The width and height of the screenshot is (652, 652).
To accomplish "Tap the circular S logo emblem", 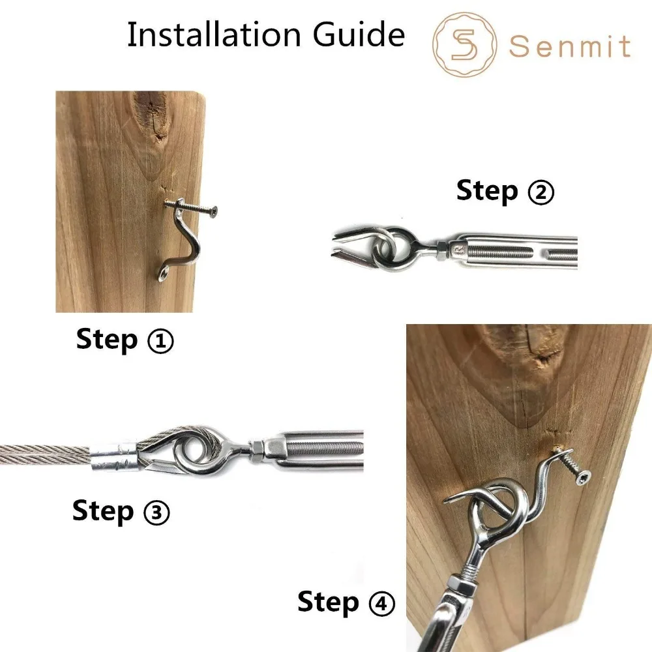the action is pyautogui.click(x=464, y=44).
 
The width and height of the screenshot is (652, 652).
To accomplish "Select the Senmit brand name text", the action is pyautogui.click(x=570, y=46).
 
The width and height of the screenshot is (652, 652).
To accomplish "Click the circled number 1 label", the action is pyautogui.click(x=160, y=342).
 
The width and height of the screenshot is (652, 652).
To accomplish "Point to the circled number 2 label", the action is pyautogui.click(x=541, y=192).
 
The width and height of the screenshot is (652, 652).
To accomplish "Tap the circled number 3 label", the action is pyautogui.click(x=156, y=512).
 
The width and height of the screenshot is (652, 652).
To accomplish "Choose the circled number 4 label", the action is pyautogui.click(x=381, y=603).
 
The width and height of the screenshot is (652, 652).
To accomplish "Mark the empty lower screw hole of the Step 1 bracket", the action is pyautogui.click(x=165, y=274).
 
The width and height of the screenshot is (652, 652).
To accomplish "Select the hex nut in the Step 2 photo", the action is pyautogui.click(x=442, y=250).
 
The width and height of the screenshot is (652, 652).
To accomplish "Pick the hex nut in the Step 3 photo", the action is pyautogui.click(x=256, y=451).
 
